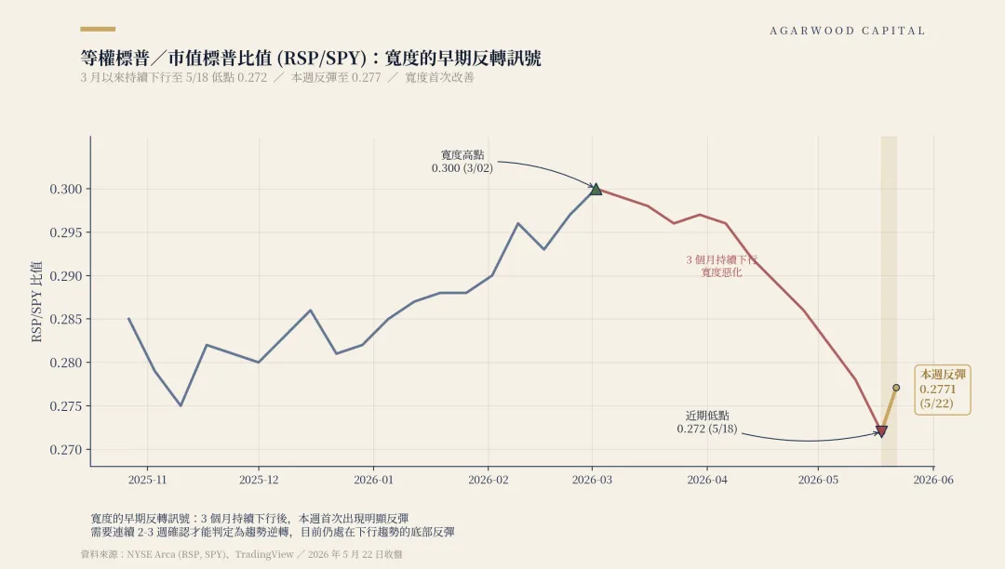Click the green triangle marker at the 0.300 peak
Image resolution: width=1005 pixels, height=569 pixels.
[596, 189]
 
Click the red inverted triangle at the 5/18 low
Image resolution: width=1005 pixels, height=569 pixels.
[881, 431]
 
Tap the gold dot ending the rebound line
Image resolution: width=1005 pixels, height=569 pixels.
[896, 388]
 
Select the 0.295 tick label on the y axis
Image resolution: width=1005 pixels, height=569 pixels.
[66, 232]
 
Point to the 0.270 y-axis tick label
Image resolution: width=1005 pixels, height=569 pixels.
[66, 449]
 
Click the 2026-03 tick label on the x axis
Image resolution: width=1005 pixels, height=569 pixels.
[592, 480]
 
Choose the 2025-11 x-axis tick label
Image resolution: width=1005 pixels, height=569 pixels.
[147, 480]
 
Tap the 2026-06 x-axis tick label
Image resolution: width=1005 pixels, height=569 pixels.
[933, 480]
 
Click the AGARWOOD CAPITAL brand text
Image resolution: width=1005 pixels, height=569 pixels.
[848, 31]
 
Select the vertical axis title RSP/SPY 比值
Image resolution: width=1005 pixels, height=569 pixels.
[36, 301]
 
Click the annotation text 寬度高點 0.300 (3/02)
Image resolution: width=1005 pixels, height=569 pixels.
[462, 161]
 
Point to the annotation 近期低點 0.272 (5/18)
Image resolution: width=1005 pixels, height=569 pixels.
[707, 422]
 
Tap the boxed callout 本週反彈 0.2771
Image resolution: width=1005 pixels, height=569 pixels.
[942, 390]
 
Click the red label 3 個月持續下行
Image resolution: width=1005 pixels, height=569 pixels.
[722, 259]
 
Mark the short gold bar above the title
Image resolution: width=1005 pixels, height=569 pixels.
[98, 29]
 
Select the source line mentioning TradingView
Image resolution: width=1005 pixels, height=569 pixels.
[242, 554]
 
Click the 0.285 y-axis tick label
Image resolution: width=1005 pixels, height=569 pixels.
[66, 319]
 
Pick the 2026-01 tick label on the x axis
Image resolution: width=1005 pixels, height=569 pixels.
[374, 480]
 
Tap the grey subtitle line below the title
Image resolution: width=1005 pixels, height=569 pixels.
[277, 77]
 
